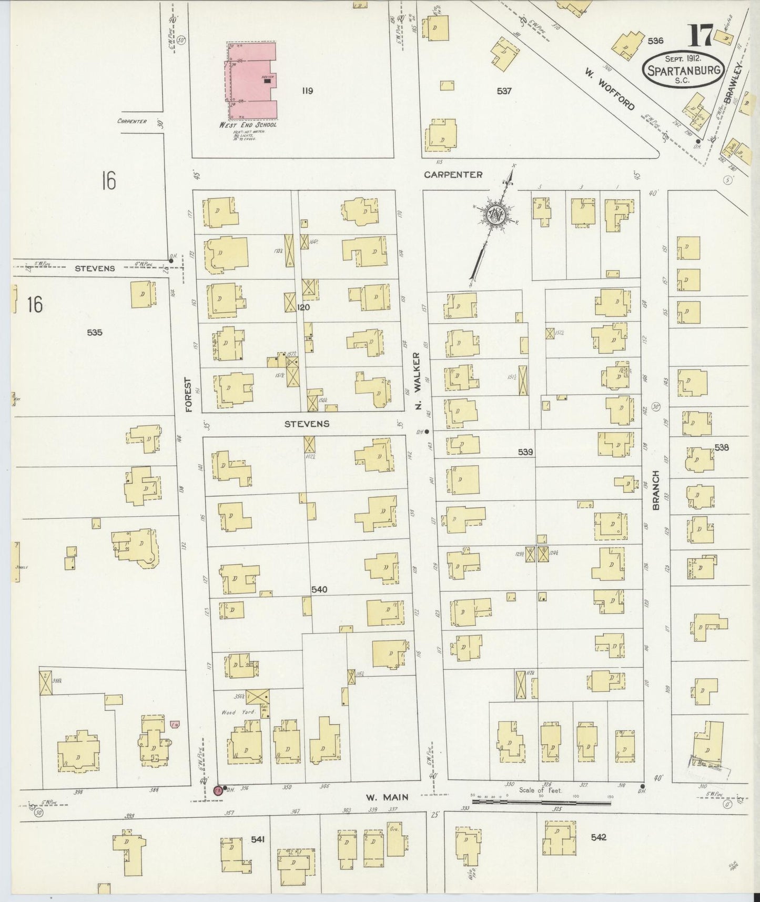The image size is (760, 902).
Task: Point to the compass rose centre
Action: click(x=495, y=213)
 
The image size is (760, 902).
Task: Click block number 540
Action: click(x=319, y=589)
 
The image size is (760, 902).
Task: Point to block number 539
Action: click(x=524, y=452)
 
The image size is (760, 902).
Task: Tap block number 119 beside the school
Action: click(x=308, y=91)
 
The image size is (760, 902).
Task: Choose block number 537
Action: click(x=503, y=91)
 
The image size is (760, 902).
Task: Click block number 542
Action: click(x=598, y=837)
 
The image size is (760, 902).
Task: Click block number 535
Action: click(x=95, y=333)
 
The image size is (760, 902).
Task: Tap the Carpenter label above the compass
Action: click(x=453, y=175)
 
